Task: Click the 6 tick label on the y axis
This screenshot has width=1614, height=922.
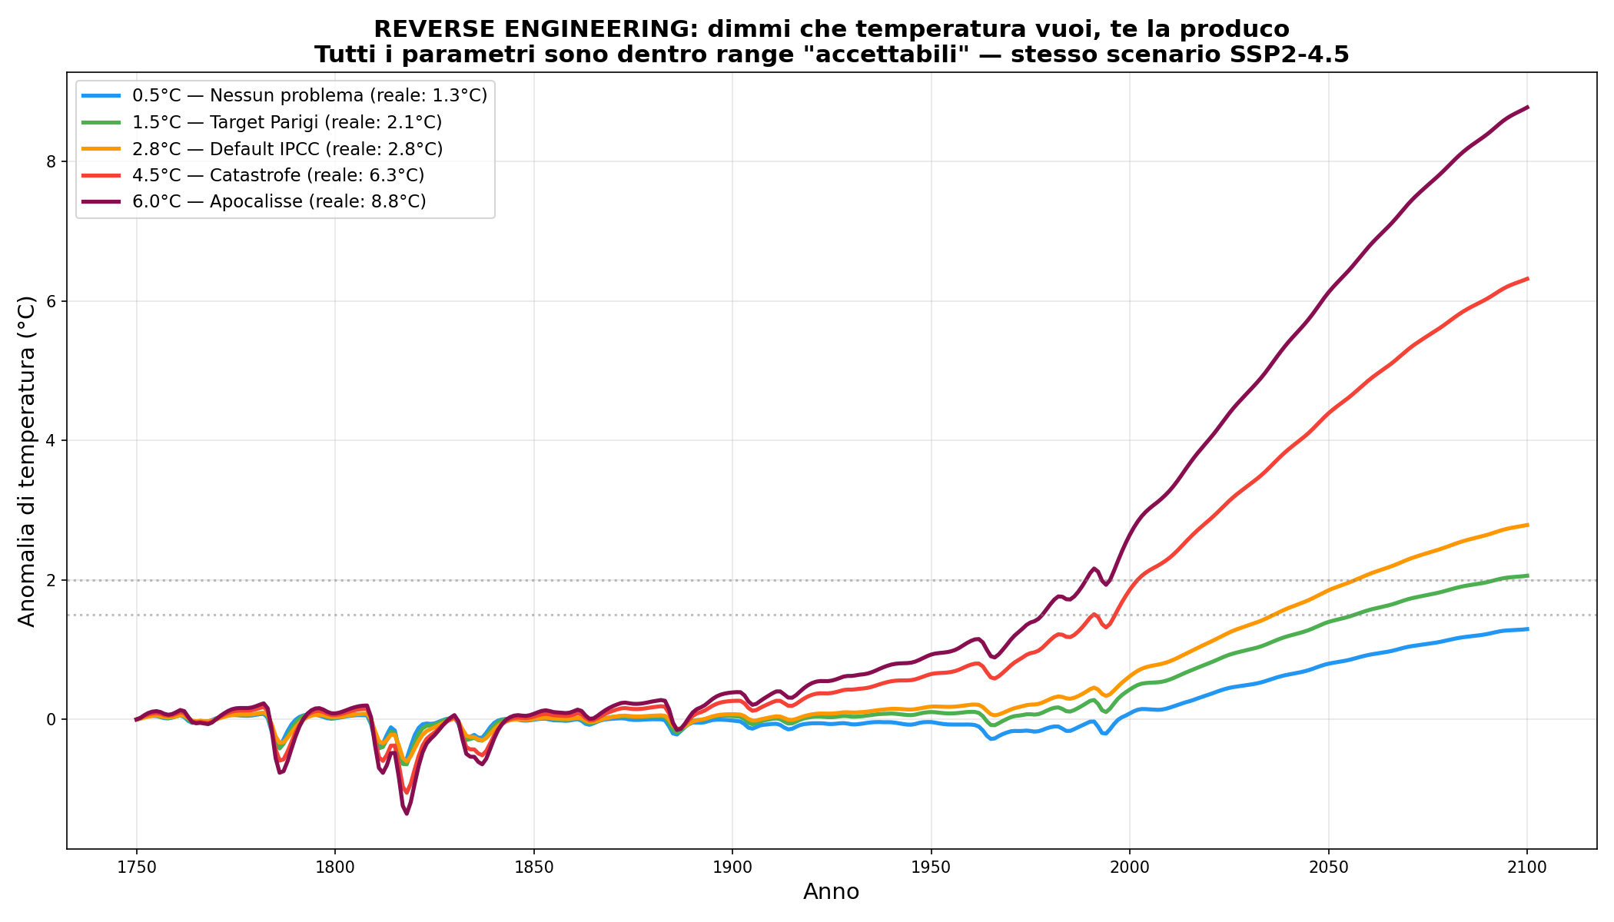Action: coord(51,301)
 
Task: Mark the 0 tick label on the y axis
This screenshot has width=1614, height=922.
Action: coord(51,720)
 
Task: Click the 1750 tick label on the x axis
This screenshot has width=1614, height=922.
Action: coord(136,867)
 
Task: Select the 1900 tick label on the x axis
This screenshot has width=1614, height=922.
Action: coord(732,867)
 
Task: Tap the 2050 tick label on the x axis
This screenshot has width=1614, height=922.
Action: coord(1328,867)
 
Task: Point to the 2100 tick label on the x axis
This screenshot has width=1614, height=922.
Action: coord(1527,867)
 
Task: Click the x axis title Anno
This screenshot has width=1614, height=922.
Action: coord(831,892)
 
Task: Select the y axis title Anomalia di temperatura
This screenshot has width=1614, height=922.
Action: coord(27,461)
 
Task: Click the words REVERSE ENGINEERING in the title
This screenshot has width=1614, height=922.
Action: coord(535,29)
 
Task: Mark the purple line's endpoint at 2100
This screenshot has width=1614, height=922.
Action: coord(1527,107)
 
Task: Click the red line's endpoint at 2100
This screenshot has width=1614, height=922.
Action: coord(1527,278)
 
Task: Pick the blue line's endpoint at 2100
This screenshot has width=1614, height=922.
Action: coord(1527,629)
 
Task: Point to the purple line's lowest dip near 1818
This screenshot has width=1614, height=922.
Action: coord(407,814)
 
